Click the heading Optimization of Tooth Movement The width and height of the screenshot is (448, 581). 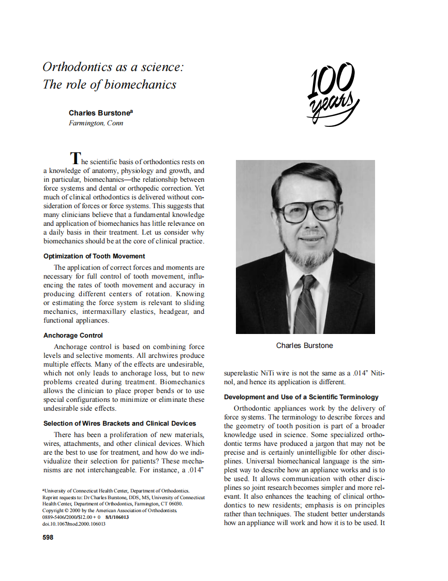point(94,256)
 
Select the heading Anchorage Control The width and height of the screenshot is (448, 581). point(73,335)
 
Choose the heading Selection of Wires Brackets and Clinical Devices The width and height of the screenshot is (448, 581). point(120,423)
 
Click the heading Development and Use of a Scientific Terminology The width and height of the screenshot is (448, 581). point(301,397)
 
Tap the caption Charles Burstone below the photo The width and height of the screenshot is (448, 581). point(305,345)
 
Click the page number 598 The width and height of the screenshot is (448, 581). point(48,538)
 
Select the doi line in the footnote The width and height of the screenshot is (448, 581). point(74,524)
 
